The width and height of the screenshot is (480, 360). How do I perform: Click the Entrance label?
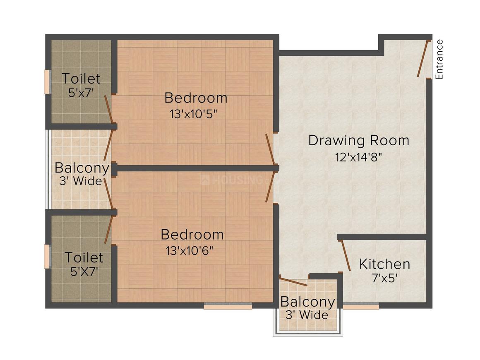[x=439, y=59]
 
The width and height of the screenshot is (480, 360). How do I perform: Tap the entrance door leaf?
[x=423, y=58]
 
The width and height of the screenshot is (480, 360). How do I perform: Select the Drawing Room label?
[x=359, y=140]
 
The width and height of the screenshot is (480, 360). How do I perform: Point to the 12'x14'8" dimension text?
[x=358, y=157]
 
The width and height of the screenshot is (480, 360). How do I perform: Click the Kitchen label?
[x=384, y=264]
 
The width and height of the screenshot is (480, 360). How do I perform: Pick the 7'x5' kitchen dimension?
[x=384, y=278]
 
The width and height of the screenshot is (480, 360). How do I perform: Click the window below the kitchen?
[x=361, y=307]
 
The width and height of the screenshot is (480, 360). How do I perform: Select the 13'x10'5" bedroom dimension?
[x=193, y=114]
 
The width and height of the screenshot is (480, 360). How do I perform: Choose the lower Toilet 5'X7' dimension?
[x=84, y=272]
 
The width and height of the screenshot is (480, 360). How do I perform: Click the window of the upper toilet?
[x=47, y=82]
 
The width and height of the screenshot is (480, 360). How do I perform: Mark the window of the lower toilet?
[x=47, y=257]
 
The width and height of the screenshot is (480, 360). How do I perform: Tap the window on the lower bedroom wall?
[x=228, y=307]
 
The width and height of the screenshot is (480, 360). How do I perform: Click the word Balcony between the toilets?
[x=82, y=168]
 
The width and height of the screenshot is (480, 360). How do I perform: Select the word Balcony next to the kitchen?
[x=307, y=302]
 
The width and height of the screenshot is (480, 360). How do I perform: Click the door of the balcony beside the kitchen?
[x=293, y=281]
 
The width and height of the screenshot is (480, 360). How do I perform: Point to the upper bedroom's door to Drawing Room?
[x=270, y=149]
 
